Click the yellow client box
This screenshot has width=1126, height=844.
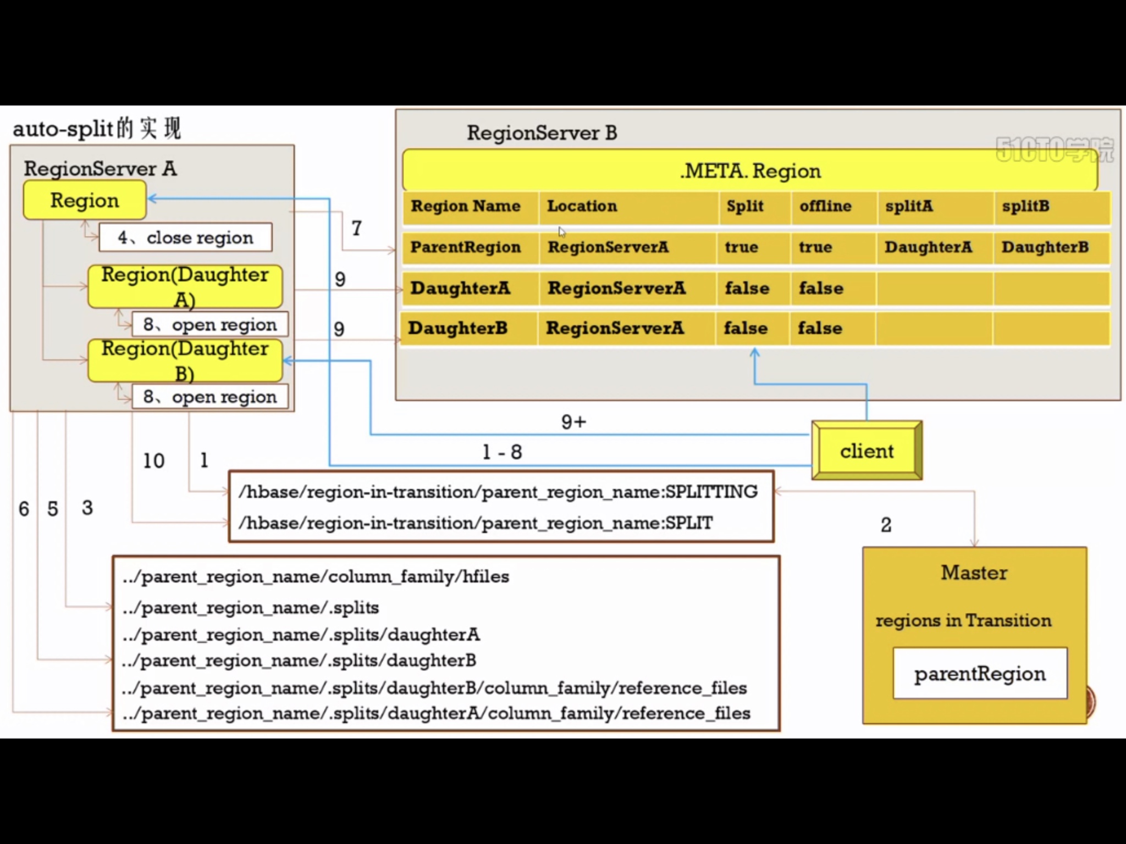point(866,451)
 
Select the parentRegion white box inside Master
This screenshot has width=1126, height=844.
point(980,674)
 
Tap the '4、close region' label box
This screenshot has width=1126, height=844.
point(185,237)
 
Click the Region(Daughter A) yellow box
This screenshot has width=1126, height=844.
point(185,286)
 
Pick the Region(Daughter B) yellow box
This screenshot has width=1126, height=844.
point(185,360)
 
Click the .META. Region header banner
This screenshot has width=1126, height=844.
point(750,171)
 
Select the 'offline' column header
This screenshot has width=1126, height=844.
point(825,207)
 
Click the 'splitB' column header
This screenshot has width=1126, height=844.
point(1025,207)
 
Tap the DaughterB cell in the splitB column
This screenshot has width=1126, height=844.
point(1045,247)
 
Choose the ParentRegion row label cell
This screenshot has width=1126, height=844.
point(466,247)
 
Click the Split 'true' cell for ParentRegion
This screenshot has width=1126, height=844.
point(742,247)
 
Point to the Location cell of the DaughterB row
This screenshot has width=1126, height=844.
point(615,329)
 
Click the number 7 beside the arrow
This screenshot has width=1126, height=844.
point(357,228)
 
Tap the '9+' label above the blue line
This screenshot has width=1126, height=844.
point(573,422)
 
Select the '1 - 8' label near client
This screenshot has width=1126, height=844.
point(502,452)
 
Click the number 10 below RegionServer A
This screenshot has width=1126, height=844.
point(154,460)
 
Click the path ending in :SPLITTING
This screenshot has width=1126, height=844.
point(498,492)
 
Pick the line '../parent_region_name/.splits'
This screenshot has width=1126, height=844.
point(251,608)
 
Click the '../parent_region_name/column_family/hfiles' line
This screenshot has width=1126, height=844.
point(316,577)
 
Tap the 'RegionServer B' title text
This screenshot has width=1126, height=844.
point(542,133)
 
